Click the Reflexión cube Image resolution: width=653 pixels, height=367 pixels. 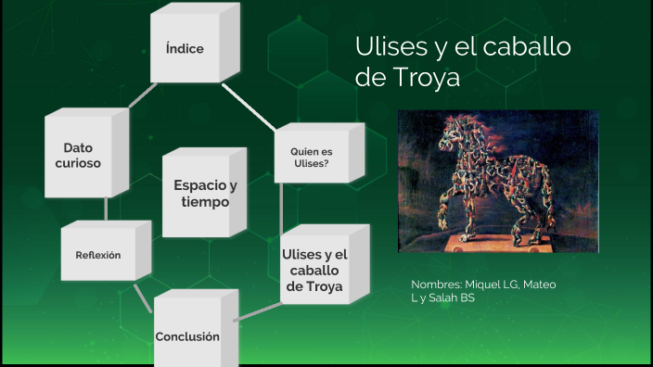[x=97, y=255]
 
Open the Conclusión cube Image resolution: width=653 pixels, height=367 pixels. [x=187, y=335]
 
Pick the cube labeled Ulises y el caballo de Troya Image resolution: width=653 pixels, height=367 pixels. [x=314, y=270]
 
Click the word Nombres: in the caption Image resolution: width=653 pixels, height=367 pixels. [x=437, y=285]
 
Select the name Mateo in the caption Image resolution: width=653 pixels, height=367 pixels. [x=539, y=285]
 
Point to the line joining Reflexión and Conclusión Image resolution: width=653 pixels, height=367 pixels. [x=142, y=297]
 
